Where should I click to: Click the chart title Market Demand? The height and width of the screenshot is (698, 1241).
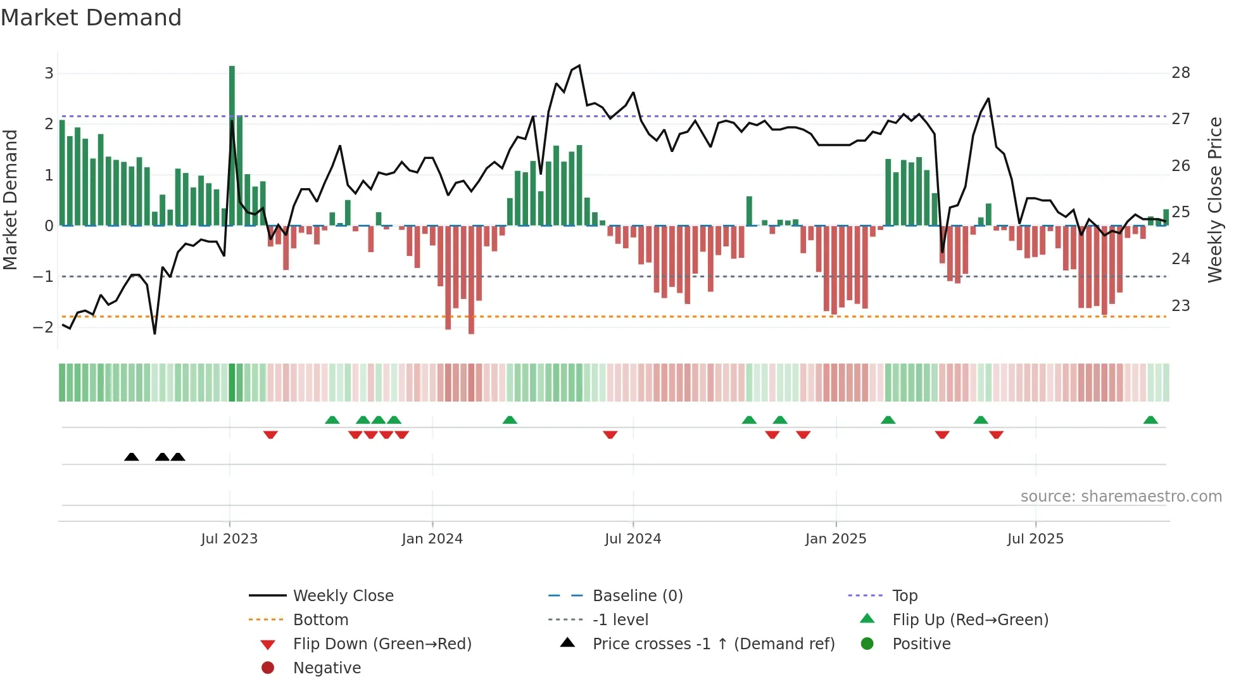91,18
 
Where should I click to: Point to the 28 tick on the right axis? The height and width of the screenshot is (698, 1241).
1180,73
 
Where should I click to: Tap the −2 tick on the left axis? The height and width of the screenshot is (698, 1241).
43,327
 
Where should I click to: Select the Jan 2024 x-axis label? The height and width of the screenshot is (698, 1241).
432,539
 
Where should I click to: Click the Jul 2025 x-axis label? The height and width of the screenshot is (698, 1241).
1035,539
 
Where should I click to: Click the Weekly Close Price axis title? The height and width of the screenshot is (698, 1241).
1214,200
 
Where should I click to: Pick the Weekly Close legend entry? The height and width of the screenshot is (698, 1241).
343,596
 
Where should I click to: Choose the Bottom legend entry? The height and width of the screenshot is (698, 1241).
320,620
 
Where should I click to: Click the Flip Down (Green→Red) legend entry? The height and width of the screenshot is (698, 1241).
382,644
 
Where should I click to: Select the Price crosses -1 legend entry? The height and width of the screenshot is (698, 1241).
713,644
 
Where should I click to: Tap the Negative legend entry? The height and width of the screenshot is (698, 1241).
327,668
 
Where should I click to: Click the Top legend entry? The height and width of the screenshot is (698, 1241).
904,596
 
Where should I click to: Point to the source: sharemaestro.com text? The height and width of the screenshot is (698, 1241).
1121,497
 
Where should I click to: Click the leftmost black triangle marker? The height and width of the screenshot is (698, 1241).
132,457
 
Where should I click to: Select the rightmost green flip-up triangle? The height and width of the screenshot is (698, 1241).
1150,420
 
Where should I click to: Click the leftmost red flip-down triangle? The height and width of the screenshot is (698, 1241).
270,435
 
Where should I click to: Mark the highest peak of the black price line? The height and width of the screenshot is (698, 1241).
579,66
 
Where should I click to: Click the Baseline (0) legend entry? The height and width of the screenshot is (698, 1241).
637,596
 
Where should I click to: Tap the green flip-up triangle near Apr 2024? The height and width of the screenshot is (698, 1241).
510,420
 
